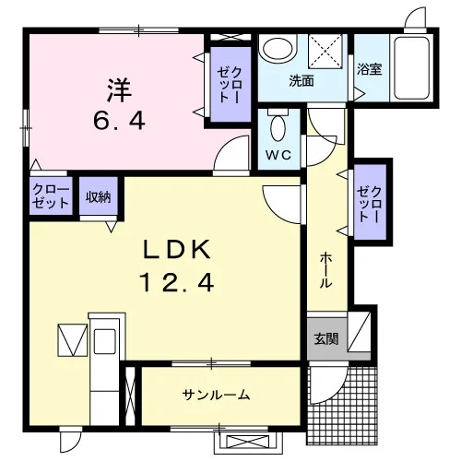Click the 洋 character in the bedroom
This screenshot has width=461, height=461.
click(x=119, y=90)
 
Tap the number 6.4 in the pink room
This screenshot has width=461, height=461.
click(x=119, y=121)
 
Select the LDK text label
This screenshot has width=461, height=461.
click(x=177, y=249)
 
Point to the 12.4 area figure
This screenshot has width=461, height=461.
click(x=177, y=283)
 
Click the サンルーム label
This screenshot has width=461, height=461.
click(x=216, y=395)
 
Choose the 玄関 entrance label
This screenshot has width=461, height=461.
click(x=326, y=338)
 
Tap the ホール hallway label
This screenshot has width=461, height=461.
click(x=326, y=271)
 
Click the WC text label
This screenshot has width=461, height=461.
click(x=278, y=155)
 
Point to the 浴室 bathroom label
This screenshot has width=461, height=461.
click(x=370, y=69)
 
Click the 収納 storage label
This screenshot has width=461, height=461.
click(x=98, y=197)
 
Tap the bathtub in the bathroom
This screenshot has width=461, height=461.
click(x=412, y=68)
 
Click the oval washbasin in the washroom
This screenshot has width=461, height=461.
click(x=278, y=49)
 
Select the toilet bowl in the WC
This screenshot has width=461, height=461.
click(x=278, y=128)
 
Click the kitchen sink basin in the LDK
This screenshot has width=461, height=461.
click(x=105, y=341)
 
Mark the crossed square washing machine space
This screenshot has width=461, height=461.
click(x=325, y=51)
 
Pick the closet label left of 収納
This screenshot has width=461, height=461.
click(x=51, y=195)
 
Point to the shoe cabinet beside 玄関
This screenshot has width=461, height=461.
click(x=359, y=332)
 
